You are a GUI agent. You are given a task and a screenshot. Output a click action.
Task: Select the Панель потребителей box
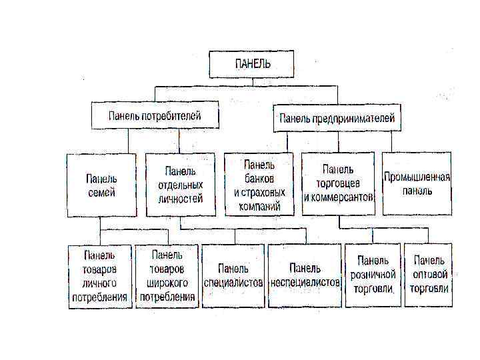155,115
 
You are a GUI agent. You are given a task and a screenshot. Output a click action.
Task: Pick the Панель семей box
101,185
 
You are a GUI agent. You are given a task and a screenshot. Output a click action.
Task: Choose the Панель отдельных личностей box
180,185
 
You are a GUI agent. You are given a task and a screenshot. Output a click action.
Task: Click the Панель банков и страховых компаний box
259,184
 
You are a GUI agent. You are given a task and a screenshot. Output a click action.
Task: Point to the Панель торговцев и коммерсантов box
338,184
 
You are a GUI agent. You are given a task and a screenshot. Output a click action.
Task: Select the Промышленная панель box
417,184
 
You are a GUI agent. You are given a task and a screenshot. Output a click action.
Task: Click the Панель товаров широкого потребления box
167,276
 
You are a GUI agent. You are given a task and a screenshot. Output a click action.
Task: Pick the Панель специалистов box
233,276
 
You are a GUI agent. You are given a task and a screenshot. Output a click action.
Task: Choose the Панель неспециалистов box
305,276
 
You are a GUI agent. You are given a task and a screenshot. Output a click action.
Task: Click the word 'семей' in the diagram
101,193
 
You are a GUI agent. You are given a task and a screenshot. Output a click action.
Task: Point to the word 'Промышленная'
417,177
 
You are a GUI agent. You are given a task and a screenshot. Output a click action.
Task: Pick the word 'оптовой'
429,275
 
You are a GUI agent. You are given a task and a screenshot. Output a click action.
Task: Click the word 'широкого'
167,283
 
